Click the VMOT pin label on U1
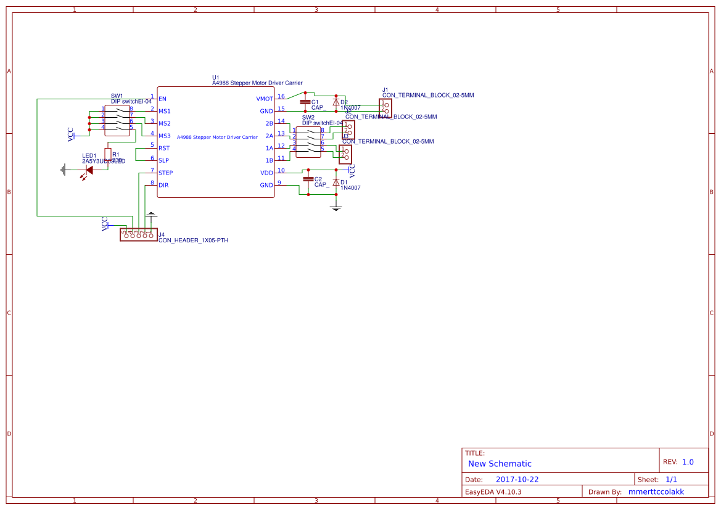264,99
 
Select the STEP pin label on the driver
166,173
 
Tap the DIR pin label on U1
163,185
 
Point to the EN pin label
162,99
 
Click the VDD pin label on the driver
266,173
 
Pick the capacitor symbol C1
304,102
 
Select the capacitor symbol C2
307,179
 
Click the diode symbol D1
336,183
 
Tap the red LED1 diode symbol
89,169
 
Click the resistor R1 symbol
108,154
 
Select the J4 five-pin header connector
137,234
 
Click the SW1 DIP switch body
117,120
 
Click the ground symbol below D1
336,208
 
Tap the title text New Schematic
500,464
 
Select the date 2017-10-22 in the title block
517,479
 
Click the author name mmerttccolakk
656,492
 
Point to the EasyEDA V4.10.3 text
493,492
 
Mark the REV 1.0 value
688,462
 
